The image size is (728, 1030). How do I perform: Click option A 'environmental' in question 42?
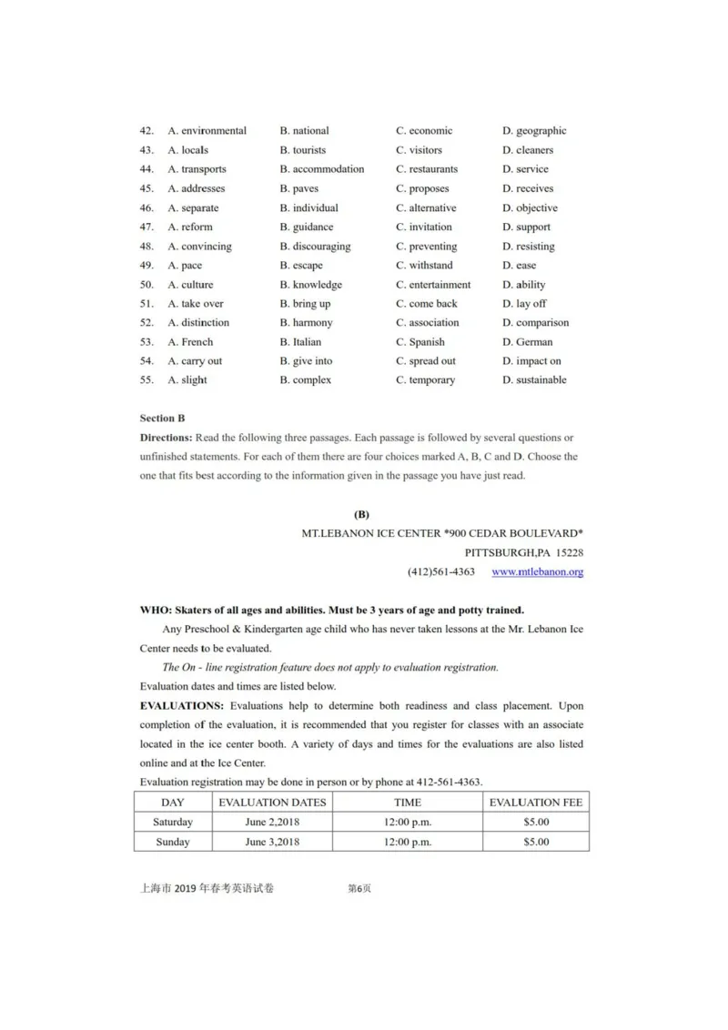point(213,131)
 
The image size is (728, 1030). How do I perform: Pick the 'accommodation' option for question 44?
point(328,169)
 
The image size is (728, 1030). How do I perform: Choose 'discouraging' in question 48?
point(321,247)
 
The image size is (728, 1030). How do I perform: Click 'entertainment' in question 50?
point(440,285)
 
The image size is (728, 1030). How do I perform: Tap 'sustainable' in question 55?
point(541,380)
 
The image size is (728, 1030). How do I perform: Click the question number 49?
point(147,266)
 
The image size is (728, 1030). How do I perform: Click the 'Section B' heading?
point(162,419)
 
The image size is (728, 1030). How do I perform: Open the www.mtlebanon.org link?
point(537,572)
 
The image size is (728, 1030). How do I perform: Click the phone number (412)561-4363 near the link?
point(440,572)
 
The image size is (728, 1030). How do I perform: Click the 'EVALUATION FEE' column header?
point(536,803)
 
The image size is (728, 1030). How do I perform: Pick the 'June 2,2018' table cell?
point(272,823)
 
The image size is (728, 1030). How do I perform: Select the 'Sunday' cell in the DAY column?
point(173,843)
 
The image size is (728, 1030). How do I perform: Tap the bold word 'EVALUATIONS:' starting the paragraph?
point(181,706)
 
